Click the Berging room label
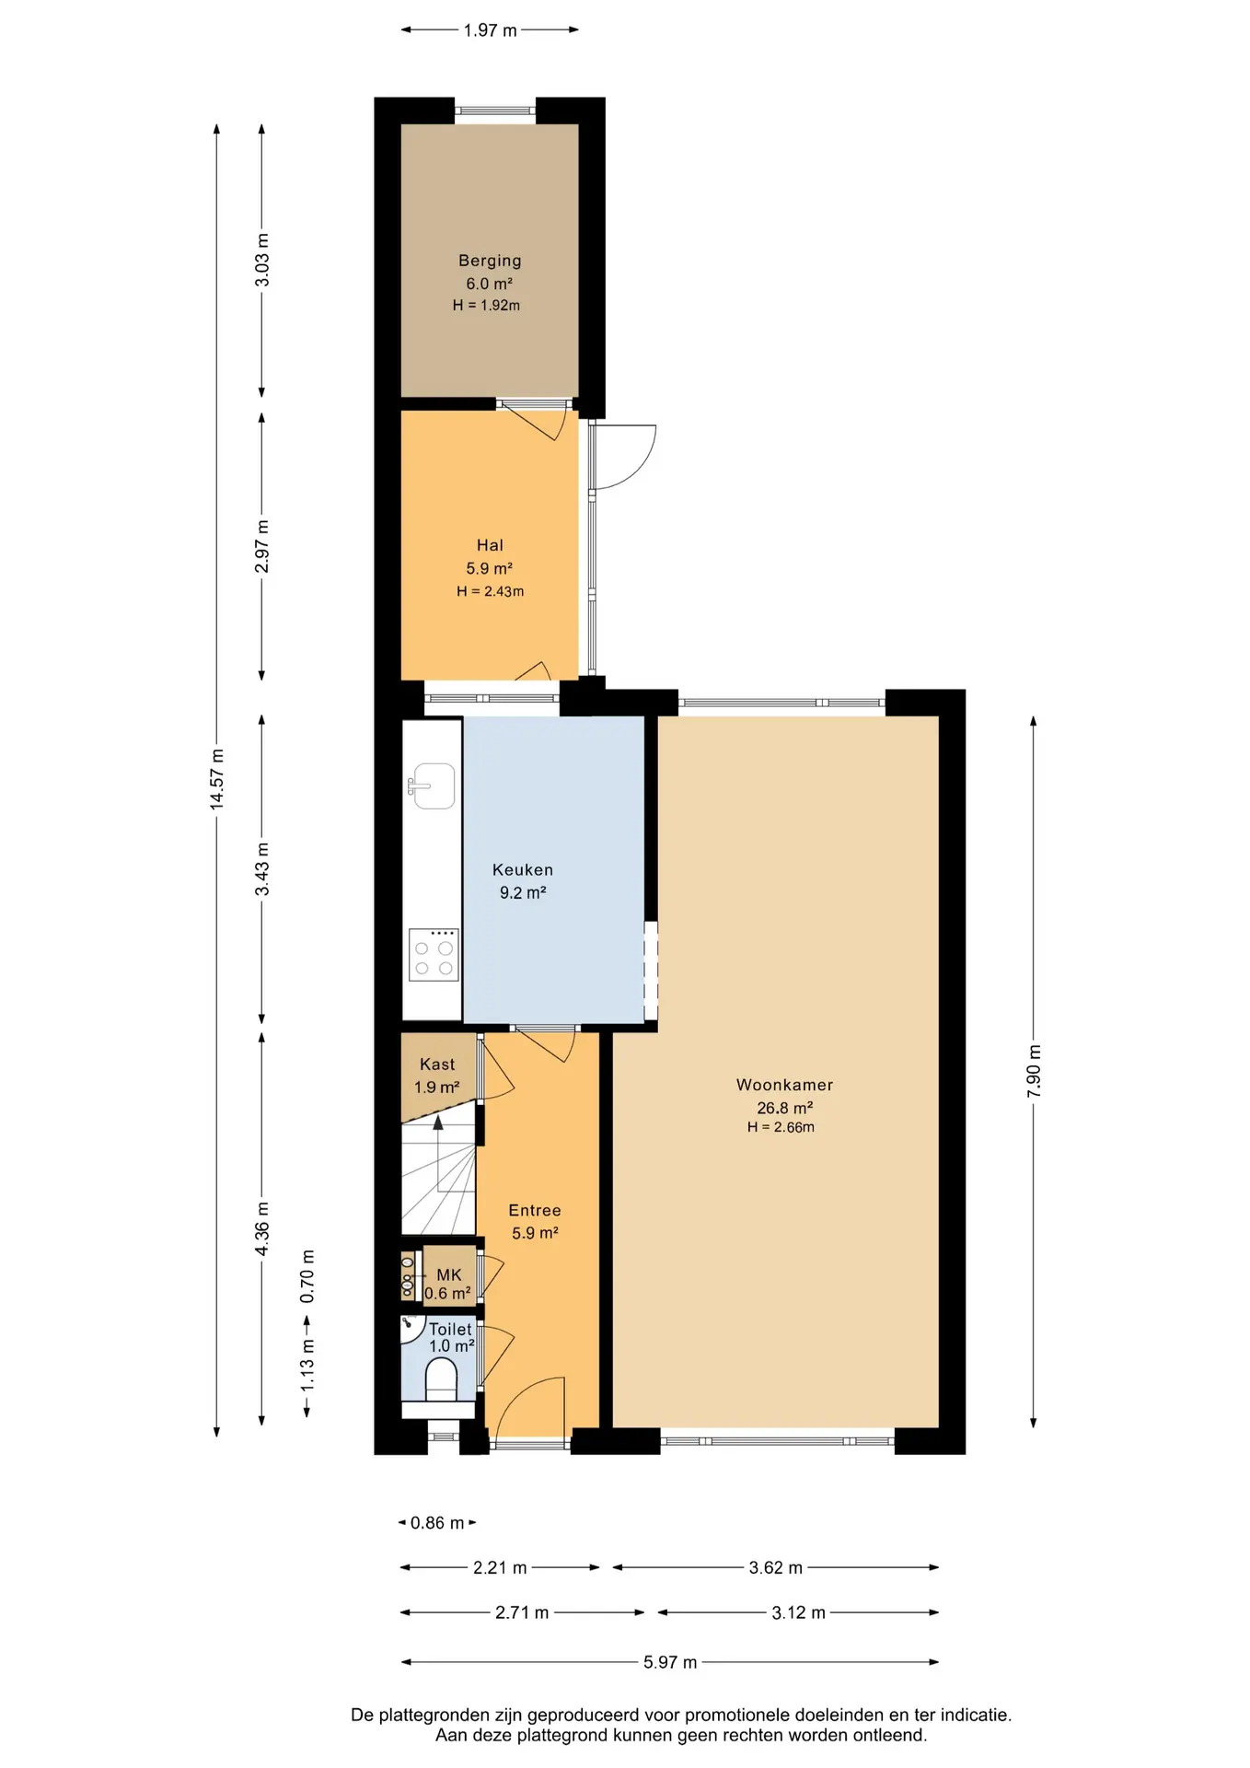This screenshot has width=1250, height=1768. click(490, 261)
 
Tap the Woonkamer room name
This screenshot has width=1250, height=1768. click(784, 1085)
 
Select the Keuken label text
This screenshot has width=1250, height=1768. click(523, 869)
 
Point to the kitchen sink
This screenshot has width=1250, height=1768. click(433, 786)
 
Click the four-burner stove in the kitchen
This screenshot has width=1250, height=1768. click(434, 955)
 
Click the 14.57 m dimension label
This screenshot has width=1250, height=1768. click(217, 780)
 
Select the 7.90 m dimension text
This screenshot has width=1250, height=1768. click(1034, 1071)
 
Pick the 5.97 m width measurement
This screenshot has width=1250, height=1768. click(670, 1662)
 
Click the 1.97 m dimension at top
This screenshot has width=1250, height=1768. click(490, 30)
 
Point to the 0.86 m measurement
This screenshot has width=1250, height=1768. click(437, 1523)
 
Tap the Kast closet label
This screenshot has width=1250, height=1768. click(437, 1064)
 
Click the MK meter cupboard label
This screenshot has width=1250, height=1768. click(449, 1274)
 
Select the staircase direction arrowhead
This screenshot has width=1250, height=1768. click(438, 1122)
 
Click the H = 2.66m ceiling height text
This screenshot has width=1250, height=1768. click(781, 1127)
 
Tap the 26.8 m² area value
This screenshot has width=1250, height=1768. click(784, 1108)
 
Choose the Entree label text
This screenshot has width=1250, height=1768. click(535, 1211)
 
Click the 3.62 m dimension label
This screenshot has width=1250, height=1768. click(776, 1567)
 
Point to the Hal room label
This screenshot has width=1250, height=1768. click(490, 545)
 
